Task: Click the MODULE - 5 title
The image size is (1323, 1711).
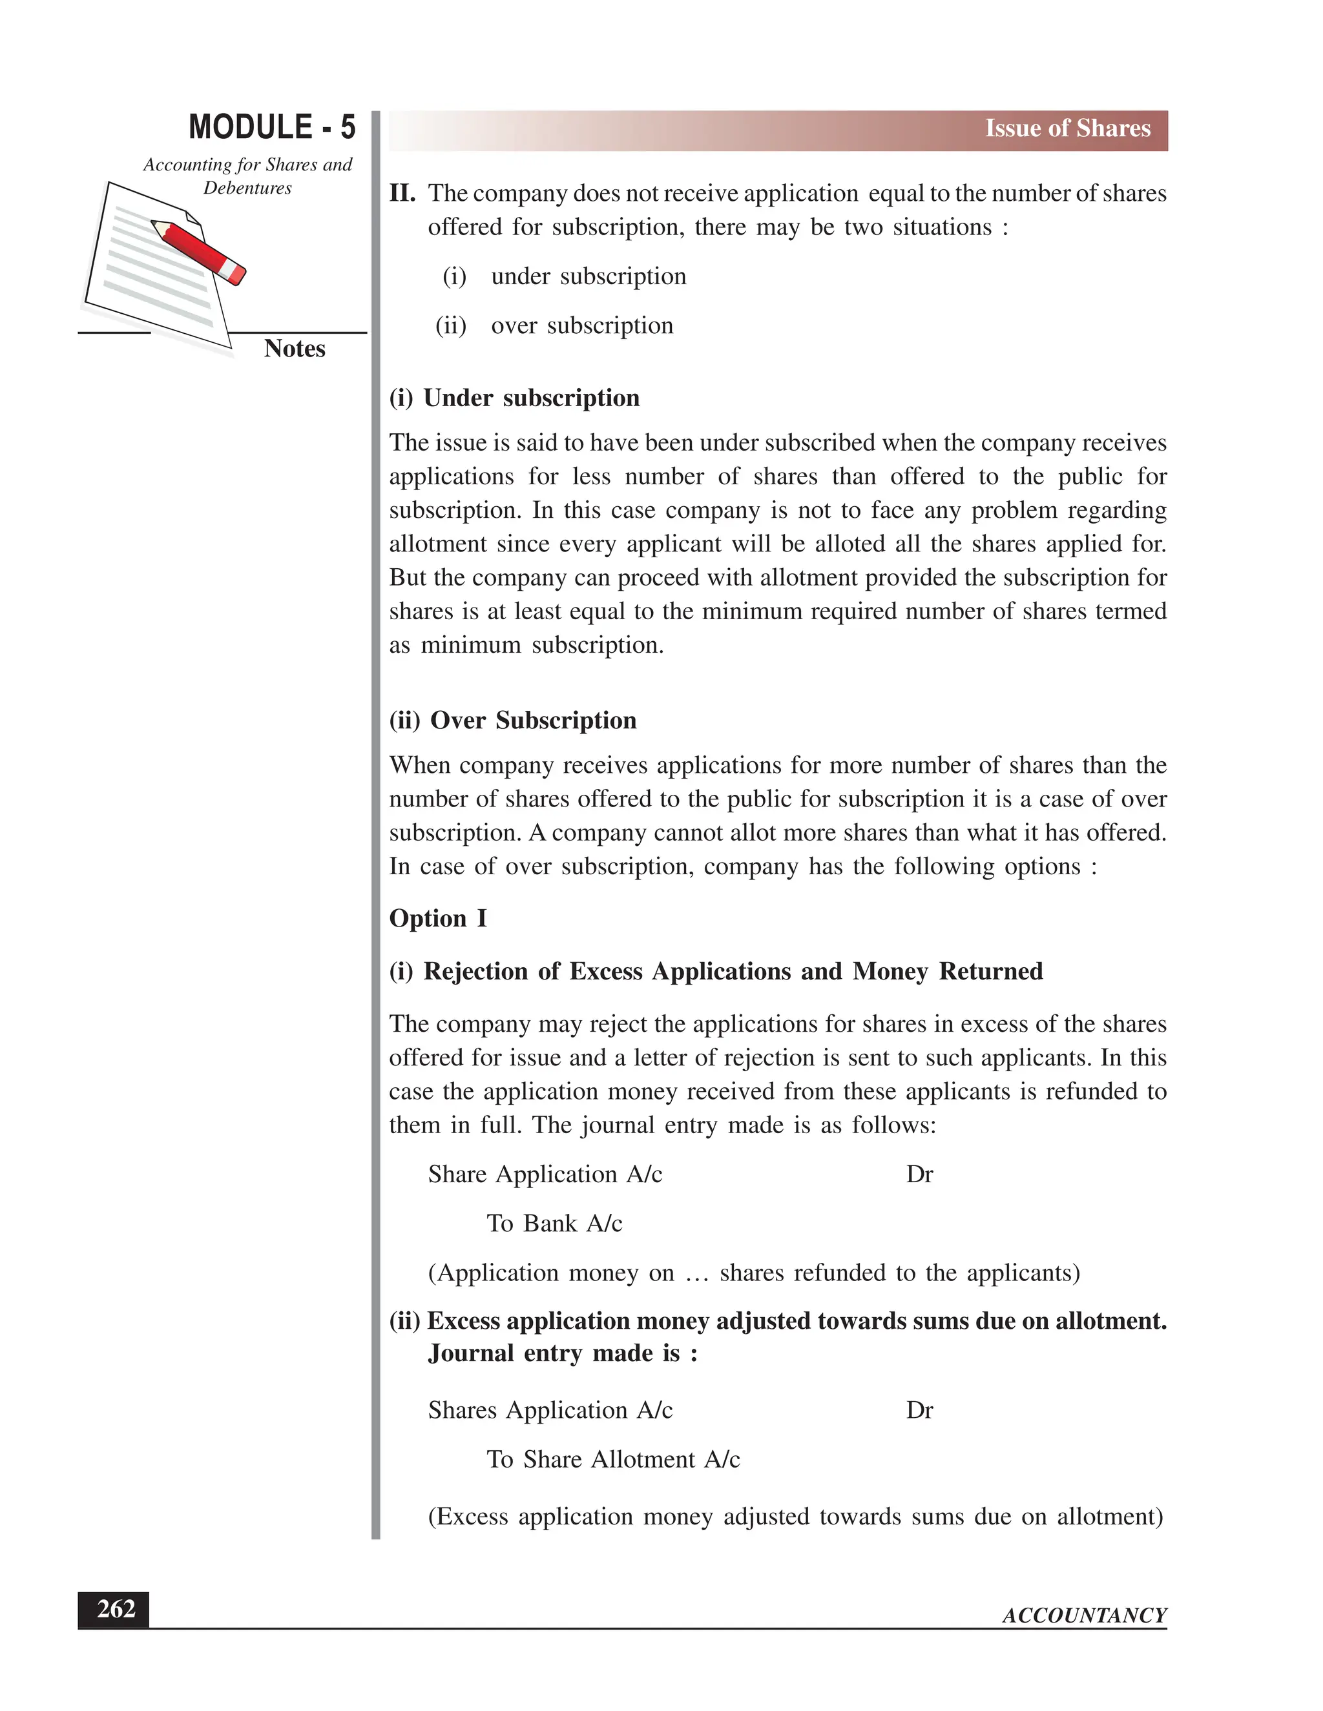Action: click(272, 127)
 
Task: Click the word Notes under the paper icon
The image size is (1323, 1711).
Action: click(294, 348)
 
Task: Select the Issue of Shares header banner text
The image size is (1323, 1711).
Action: click(1067, 128)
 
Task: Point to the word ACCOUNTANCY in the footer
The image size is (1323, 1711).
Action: click(1084, 1615)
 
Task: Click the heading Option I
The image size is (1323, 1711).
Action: click(437, 918)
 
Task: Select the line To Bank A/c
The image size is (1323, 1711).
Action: click(554, 1223)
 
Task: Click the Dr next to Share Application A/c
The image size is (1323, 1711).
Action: click(919, 1174)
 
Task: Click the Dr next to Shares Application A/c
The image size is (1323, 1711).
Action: click(919, 1410)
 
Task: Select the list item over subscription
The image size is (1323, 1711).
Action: click(581, 325)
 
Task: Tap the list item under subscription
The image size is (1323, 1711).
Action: click(588, 276)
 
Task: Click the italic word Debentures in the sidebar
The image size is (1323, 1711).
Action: click(247, 188)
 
